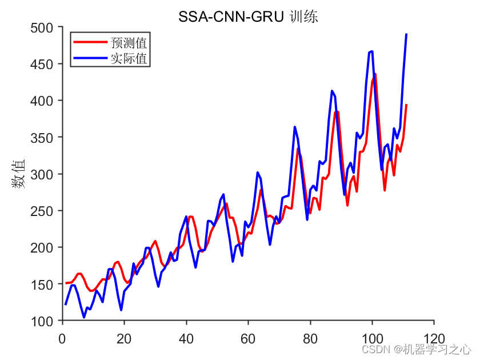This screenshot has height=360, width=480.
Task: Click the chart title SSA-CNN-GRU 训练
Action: [x=248, y=18]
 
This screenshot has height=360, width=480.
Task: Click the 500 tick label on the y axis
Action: [x=43, y=27]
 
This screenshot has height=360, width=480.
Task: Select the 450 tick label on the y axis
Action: [x=43, y=64]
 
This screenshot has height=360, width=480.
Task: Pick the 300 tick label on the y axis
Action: [x=43, y=174]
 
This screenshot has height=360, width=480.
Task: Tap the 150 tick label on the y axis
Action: [x=43, y=284]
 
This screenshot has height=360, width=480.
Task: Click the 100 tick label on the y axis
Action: [x=43, y=321]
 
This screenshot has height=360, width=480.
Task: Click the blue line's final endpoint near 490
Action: [x=406, y=34]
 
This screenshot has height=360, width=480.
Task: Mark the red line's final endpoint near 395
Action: [x=406, y=105]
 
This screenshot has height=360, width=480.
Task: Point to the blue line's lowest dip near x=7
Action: [x=84, y=317]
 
